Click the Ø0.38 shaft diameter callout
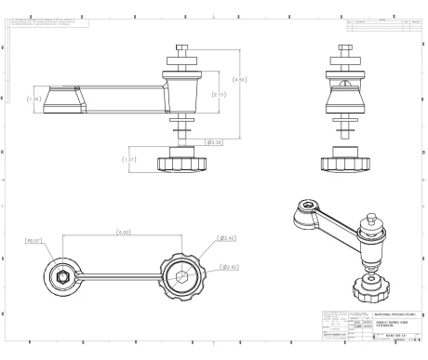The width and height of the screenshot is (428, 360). pos(213,142)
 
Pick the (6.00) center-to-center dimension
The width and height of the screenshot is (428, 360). pos(122,231)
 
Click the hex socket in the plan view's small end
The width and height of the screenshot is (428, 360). pos(59,276)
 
